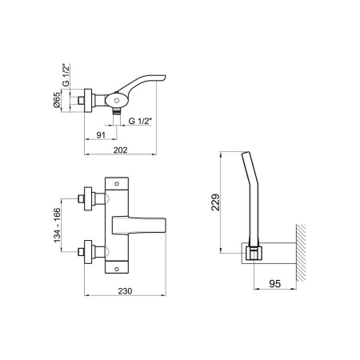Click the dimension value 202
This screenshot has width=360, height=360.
click(x=120, y=150)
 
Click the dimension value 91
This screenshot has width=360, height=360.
click(x=101, y=135)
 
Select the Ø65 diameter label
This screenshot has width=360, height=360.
click(x=57, y=100)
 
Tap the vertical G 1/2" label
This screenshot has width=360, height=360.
click(x=66, y=75)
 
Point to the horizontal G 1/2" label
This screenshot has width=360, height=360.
click(x=140, y=121)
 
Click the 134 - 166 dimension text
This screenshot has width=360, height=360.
click(x=58, y=226)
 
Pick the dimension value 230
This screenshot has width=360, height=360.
click(x=125, y=291)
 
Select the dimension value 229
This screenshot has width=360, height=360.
click(x=215, y=202)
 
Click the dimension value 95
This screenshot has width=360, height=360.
click(x=274, y=283)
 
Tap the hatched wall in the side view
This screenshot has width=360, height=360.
click(x=301, y=253)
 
